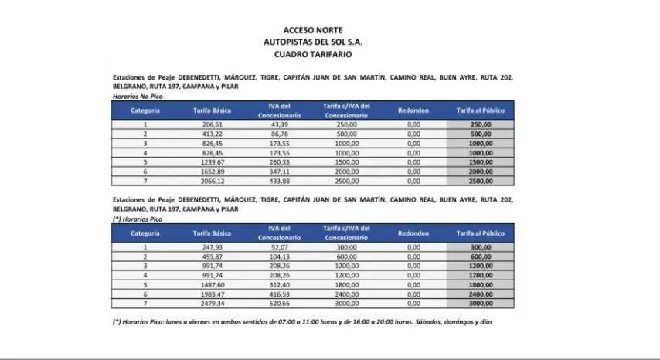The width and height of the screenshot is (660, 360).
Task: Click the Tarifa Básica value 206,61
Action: (212, 124)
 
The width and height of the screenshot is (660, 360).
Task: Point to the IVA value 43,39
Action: (279, 124)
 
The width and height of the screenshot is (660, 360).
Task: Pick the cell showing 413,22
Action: (212, 134)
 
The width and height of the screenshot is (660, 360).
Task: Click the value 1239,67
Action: (212, 161)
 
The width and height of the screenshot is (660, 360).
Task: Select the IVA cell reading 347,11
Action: (279, 171)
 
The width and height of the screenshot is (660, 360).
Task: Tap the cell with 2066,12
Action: (212, 181)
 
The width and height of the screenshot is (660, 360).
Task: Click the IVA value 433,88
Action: (279, 181)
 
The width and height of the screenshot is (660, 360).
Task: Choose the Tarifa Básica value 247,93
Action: (212, 246)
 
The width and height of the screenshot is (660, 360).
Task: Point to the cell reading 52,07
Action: (279, 246)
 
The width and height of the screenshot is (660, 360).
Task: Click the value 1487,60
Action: (212, 284)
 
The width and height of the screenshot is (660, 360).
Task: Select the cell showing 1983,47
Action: (212, 294)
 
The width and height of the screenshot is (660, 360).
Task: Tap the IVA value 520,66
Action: (279, 303)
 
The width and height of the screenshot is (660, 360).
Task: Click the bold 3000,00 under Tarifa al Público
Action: (480, 303)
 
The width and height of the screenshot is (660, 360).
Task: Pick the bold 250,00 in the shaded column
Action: (480, 124)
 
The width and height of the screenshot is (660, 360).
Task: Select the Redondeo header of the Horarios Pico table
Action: (413, 233)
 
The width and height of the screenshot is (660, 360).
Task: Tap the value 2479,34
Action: (212, 303)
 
